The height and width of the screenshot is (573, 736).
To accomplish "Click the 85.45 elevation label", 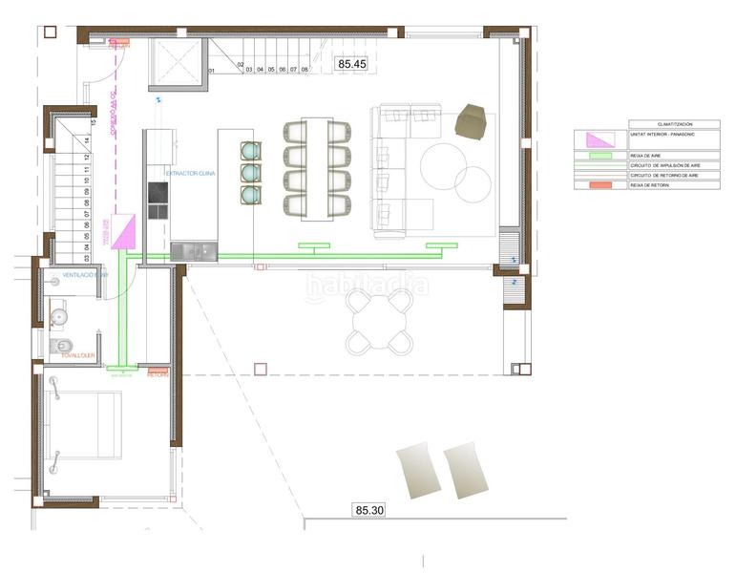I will click(x=351, y=64).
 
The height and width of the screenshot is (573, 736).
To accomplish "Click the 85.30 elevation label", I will click(x=369, y=511).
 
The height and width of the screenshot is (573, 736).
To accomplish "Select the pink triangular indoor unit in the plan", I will click(x=126, y=233).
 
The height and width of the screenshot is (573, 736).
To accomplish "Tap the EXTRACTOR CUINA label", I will click(x=190, y=173).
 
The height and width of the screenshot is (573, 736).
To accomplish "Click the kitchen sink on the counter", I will click(x=194, y=250).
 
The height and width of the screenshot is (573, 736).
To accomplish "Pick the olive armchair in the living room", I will click(x=472, y=121).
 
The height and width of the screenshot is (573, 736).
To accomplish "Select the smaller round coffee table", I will click(x=472, y=183).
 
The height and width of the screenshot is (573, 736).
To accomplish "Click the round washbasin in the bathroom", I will click(x=58, y=312).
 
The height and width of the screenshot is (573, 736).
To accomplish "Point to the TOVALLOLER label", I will click(x=77, y=355).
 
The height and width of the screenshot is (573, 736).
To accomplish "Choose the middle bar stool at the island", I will click(x=250, y=173).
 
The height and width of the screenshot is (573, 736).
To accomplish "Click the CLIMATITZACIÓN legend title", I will click(x=674, y=124).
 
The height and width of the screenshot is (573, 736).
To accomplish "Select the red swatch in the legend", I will click(x=600, y=184).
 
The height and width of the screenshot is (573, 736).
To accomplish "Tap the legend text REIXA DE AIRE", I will click(x=648, y=155).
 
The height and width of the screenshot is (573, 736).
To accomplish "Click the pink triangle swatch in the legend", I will click(x=600, y=139).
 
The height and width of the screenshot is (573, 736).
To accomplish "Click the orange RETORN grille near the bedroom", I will click(x=158, y=371).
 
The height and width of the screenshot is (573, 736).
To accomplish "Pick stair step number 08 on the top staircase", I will click(x=304, y=70).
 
